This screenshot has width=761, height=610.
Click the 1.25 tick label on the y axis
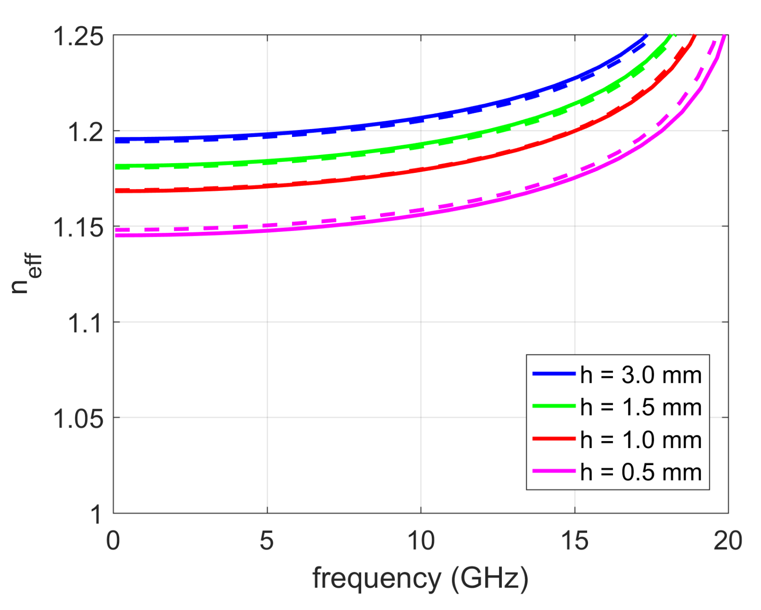(78, 36)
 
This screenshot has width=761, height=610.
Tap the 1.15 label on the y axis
(78, 228)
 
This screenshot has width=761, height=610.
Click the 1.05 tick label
(78, 419)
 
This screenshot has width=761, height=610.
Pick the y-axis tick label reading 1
(97, 515)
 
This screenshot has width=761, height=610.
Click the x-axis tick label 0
(113, 541)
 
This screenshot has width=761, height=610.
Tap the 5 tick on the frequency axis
(267, 541)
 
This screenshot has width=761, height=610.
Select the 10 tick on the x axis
(421, 541)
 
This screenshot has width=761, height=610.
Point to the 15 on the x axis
(574, 541)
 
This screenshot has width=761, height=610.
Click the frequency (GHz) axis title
(420, 578)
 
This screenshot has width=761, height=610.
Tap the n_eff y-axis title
(26, 273)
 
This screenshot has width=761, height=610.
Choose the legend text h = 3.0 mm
(641, 375)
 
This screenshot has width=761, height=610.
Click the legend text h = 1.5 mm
(641, 407)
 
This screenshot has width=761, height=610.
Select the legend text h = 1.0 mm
(641, 440)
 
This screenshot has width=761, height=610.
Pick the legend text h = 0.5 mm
(641, 472)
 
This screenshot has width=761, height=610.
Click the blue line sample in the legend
(554, 374)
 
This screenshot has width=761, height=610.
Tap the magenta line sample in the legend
(554, 471)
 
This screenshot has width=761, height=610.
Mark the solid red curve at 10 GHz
(421, 170)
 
